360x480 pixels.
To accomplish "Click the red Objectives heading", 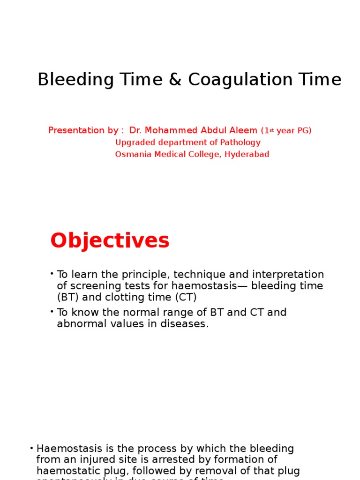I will pos(110,241).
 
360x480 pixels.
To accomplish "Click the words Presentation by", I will pos(83,130).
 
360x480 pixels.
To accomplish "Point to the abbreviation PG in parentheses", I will pos(302,131).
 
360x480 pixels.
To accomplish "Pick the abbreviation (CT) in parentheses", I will pos(186,297).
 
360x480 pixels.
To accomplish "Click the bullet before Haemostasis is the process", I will pos(31,448).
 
